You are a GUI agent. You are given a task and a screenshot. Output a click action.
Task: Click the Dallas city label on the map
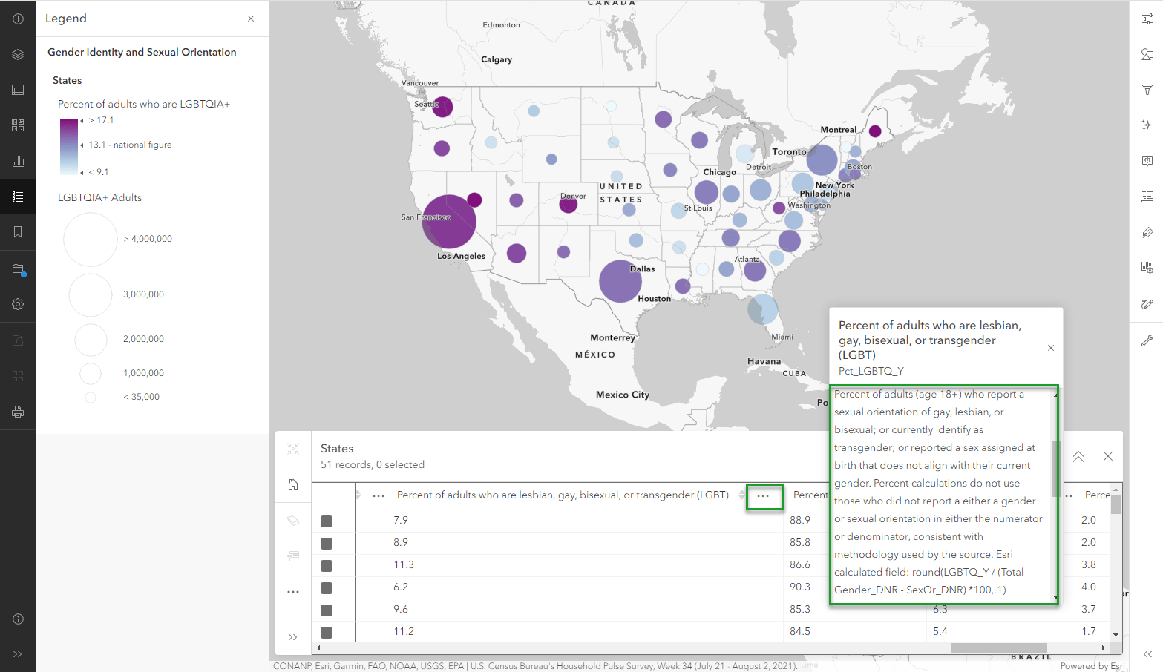coord(643,269)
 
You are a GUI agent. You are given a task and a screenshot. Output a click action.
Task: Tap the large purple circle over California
coord(449,221)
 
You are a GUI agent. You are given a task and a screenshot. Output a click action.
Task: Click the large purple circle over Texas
coord(620,281)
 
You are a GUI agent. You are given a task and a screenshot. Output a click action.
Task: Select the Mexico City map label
coord(622,395)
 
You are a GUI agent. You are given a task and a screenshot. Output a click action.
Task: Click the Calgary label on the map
coord(497,59)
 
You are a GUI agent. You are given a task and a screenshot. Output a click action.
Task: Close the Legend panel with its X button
coord(251,19)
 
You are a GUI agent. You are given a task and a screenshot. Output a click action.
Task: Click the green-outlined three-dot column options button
coord(764,496)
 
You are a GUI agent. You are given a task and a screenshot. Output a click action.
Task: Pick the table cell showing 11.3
coord(404,564)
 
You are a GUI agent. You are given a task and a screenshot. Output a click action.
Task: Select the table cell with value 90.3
coord(800,587)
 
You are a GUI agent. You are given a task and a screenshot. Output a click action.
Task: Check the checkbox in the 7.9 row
coord(327,521)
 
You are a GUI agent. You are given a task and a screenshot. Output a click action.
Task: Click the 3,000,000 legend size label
coord(143,294)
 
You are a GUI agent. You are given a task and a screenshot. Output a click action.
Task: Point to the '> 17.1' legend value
coord(101,120)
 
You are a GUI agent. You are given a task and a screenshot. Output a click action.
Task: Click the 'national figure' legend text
coord(142,145)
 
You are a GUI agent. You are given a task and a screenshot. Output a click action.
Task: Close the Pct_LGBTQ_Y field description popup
coord(1051,348)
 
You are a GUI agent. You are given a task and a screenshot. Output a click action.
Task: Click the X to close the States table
coord(1108,457)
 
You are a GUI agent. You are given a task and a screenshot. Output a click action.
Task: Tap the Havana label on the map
coord(764,361)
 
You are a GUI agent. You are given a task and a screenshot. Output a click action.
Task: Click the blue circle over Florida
coord(762,309)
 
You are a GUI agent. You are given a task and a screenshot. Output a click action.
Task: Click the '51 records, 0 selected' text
coord(373,465)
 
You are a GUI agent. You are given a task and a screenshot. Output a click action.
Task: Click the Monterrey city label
coord(612,337)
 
